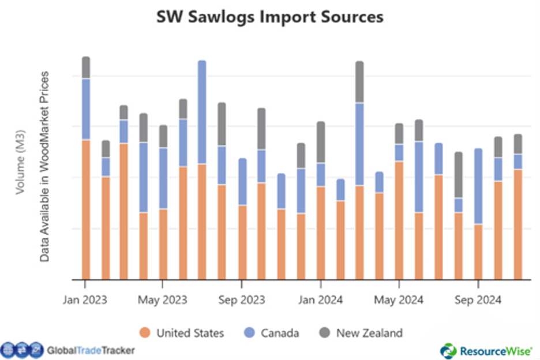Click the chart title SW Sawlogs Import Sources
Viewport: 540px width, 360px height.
[x=270, y=17]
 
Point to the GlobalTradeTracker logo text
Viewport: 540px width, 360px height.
[x=90, y=350]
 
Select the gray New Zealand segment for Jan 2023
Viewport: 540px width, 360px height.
[x=86, y=67]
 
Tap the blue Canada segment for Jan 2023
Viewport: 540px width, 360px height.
[x=86, y=109]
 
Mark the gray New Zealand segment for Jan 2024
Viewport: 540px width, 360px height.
[x=321, y=142]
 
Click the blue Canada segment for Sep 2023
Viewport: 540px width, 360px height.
[x=242, y=182]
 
